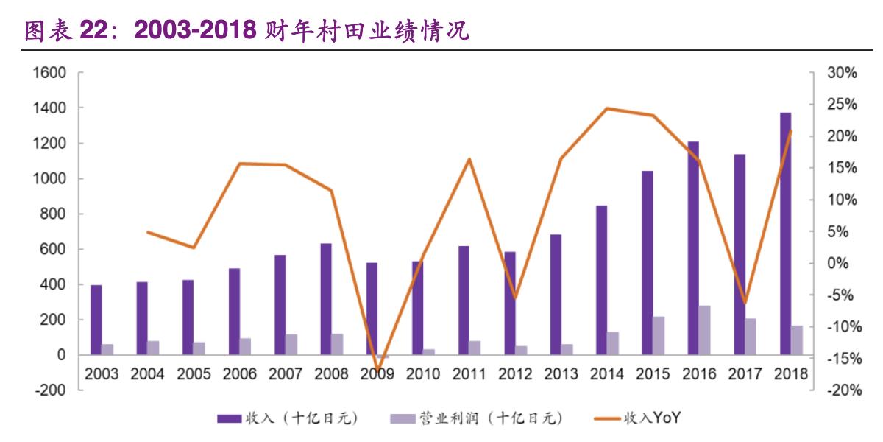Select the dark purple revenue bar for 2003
96,320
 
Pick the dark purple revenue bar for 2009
372,309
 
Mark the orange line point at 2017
745,303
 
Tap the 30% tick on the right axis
843,73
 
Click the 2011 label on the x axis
469,374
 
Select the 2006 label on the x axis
239,374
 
